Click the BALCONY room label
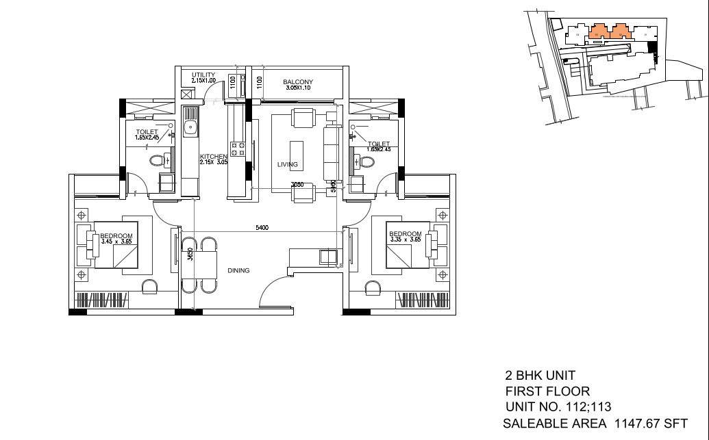tap(298, 82)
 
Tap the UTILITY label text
tap(203, 75)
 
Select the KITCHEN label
tap(213, 157)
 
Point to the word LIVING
tap(287, 164)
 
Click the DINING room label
tap(238, 270)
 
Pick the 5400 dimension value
tap(262, 227)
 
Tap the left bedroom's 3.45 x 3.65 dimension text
tap(116, 241)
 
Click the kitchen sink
tap(190, 127)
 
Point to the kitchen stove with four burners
tap(238, 148)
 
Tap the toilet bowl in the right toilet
tap(366, 161)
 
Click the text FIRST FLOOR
tap(547, 391)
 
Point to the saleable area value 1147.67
tap(636, 424)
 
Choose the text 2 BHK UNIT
tap(540, 376)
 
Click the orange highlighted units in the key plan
tap(610, 30)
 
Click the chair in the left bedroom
tap(149, 286)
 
